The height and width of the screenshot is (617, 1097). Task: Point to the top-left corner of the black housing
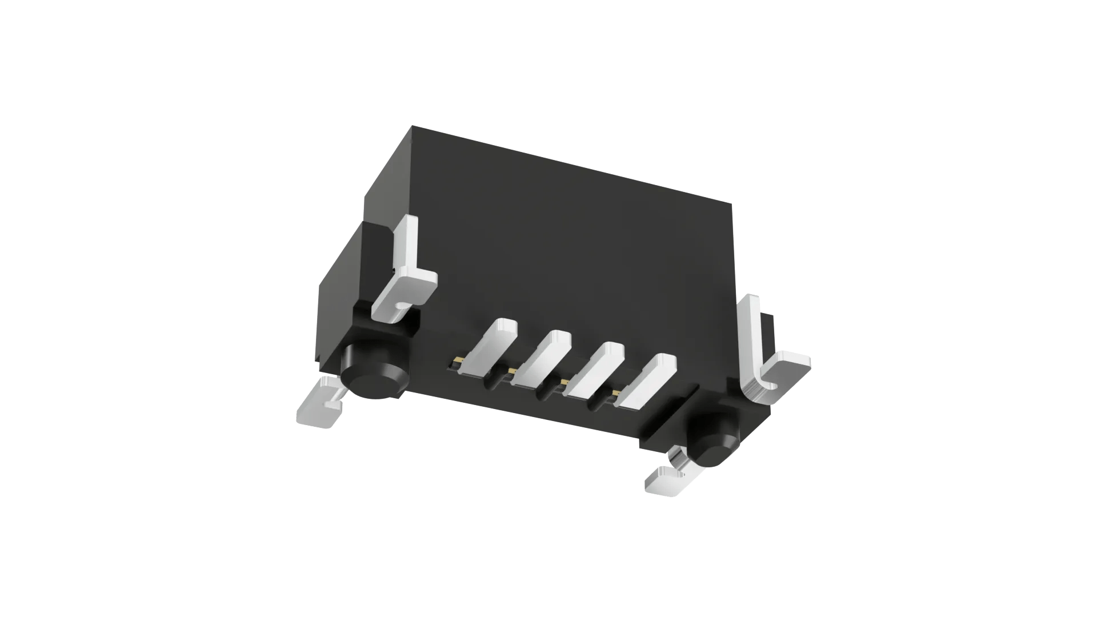tap(413, 127)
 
